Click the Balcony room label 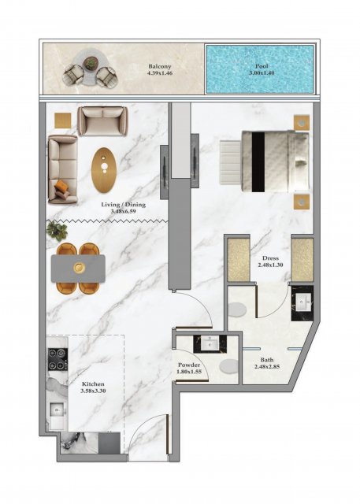[x=159, y=66]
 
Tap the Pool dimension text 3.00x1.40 [x=262, y=73]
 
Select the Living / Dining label [x=124, y=205]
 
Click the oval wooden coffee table [x=104, y=170]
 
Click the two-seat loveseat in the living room [x=103, y=120]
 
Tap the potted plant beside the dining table [x=57, y=230]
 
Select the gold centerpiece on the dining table [x=79, y=268]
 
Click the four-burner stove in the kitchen [x=58, y=359]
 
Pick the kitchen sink [x=58, y=411]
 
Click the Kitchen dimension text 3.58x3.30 [x=93, y=391]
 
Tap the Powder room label [x=189, y=365]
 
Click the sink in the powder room [x=210, y=344]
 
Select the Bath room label [x=267, y=360]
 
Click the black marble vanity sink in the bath [x=302, y=303]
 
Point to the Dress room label [x=271, y=258]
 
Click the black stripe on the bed [x=258, y=161]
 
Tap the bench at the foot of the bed [x=230, y=162]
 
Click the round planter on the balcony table [x=91, y=62]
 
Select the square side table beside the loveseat [x=63, y=120]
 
